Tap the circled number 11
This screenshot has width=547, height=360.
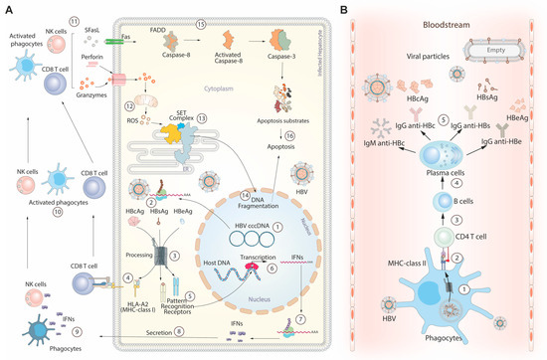tap(74, 22)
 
